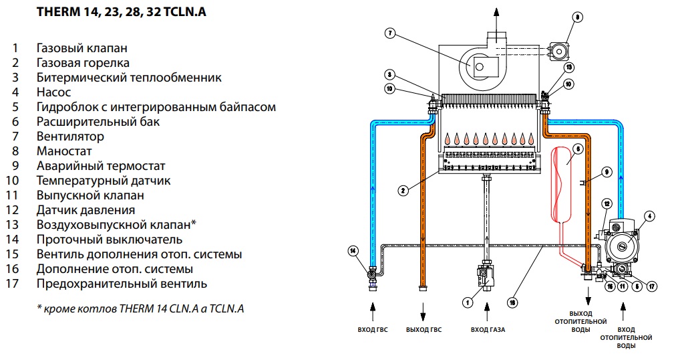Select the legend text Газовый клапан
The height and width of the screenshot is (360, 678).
82,48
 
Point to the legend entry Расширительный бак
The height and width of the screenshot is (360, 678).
98,122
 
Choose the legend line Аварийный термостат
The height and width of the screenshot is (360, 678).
101,166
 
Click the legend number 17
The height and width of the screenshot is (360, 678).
13,284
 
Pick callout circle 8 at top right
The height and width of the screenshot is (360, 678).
578,17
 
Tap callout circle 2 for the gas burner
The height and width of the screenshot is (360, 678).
403,191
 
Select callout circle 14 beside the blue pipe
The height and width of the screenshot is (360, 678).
353,251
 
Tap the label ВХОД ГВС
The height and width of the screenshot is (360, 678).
373,330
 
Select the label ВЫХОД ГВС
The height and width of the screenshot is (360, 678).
423,330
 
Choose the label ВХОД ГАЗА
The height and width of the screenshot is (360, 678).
488,330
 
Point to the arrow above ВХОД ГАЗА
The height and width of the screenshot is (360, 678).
488,311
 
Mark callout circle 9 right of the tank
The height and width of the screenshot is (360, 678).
607,172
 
